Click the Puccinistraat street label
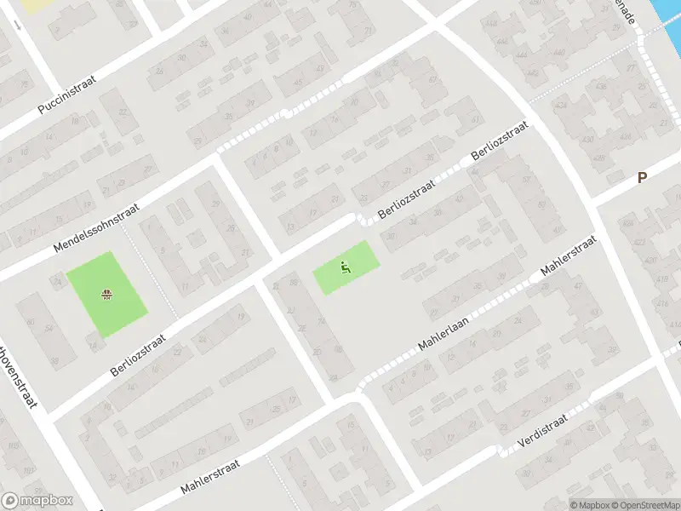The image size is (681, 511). pos(67,95)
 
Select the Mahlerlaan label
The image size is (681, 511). pos(443,333)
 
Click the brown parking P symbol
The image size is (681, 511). pos(643,178)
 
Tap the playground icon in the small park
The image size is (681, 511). pos(345,267)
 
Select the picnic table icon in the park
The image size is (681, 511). pos(107,296)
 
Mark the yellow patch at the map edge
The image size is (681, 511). pos(34,5)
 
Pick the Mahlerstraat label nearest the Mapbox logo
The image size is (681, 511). pos(211,477)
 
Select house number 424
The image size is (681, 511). pos(561,106)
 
